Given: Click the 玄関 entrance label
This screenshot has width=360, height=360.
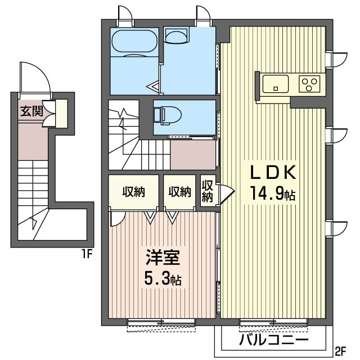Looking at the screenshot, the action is pyautogui.click(x=31, y=111).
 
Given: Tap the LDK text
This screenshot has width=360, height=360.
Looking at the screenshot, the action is pyautogui.click(x=273, y=173).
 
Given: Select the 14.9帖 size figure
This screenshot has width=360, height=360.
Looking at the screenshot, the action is pyautogui.click(x=273, y=193).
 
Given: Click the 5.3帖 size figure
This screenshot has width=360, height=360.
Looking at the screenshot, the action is pyautogui.click(x=163, y=278).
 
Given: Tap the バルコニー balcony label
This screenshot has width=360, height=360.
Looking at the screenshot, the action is pyautogui.click(x=273, y=340).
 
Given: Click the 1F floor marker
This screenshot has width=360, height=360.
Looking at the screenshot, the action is pyautogui.click(x=87, y=254).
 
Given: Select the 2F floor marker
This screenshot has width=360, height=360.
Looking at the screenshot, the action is pyautogui.click(x=340, y=350).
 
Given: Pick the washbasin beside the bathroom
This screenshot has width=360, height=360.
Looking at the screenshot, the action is pyautogui.click(x=177, y=35).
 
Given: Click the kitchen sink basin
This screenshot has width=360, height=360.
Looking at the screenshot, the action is pyautogui.click(x=276, y=84).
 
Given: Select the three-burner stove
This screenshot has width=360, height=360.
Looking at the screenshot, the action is pyautogui.click(x=309, y=84).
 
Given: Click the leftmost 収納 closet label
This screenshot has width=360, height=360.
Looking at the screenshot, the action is pyautogui.click(x=133, y=192).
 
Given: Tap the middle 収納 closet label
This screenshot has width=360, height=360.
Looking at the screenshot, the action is pyautogui.click(x=180, y=192).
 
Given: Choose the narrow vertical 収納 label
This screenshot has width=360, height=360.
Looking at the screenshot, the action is pyautogui.click(x=207, y=191).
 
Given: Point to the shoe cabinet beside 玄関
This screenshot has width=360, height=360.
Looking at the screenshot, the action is pyautogui.click(x=61, y=114).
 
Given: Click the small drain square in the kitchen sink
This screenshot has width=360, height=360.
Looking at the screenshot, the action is pyautogui.click(x=276, y=88).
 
